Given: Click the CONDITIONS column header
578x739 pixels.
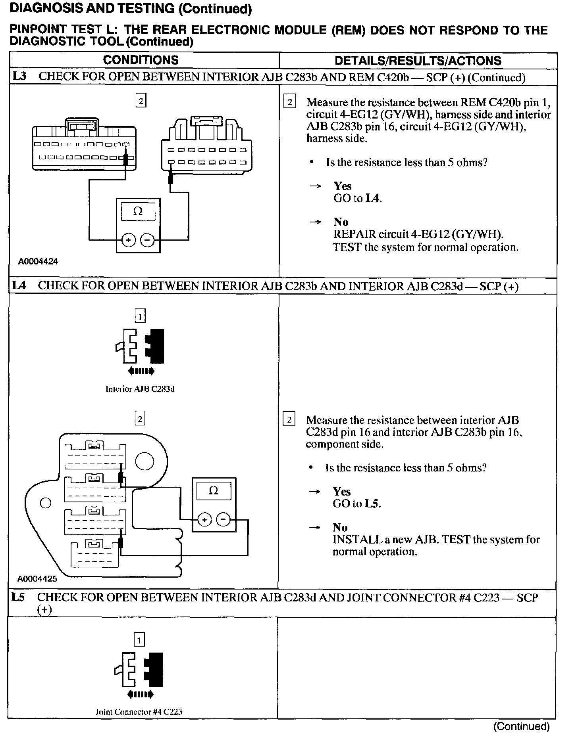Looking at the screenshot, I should pos(141,60).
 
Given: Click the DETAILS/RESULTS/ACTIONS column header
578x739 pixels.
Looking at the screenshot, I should pos(418,61).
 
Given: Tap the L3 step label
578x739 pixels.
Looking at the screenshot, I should pos(19,77).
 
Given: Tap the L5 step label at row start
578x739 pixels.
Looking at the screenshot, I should pos(18,597).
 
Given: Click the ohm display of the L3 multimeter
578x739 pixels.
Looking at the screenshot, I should pos(138,211).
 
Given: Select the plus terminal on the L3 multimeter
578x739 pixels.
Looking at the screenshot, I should pos(129,240).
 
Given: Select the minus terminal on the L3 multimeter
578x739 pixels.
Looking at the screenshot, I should pos(147,240).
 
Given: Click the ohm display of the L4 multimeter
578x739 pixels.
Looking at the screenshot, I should pos(213,491).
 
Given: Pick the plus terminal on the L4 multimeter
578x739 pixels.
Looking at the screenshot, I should pos(204,519).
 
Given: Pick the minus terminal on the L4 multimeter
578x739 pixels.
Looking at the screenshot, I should pos(223,519).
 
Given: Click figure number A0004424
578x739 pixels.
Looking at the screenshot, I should pos(38,262).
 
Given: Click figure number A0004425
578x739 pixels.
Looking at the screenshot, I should pos(37,579).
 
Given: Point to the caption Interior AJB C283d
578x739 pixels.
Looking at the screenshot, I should pos(140,389).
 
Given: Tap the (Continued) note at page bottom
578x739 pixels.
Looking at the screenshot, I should pos(521,726).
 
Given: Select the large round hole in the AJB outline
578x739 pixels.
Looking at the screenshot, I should pos(144,461).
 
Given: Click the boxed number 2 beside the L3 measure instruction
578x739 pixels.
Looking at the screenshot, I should pos(290,102).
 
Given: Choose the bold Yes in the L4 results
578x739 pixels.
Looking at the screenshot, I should pos(342,492).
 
